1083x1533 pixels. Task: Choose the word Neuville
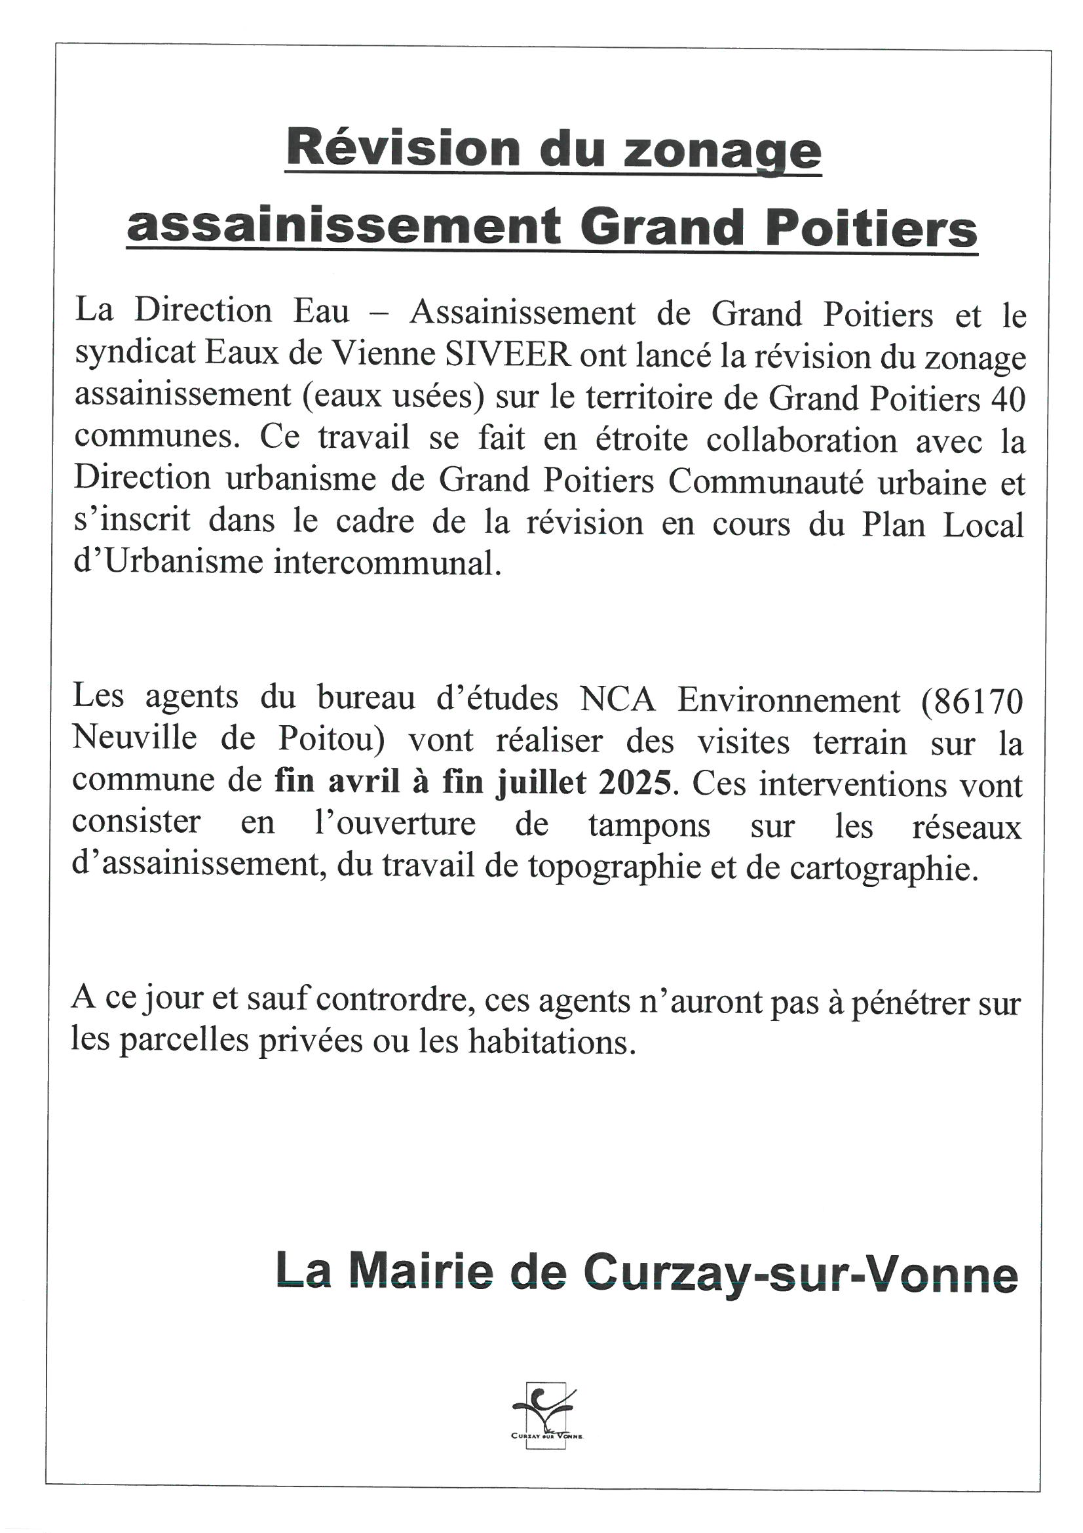click(x=134, y=739)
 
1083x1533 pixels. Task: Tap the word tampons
click(x=649, y=826)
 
